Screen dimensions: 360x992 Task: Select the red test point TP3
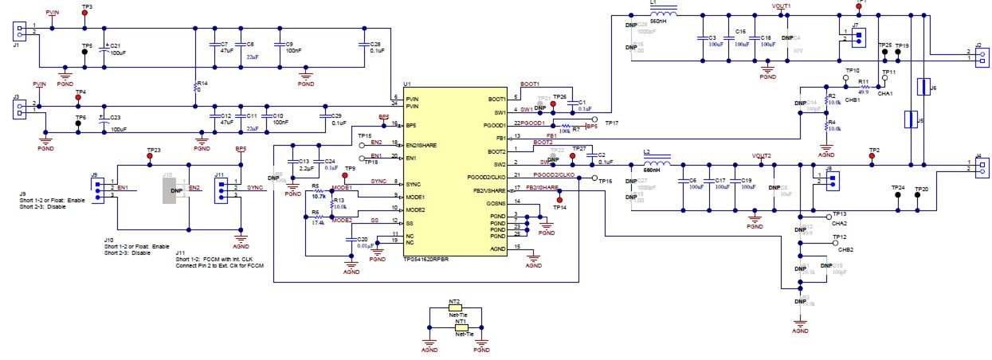click(85, 14)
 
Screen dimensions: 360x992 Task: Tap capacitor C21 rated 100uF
click(104, 51)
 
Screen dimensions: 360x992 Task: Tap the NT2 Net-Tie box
click(455, 310)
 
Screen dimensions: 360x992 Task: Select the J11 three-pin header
click(221, 188)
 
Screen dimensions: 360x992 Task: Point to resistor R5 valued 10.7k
click(316, 192)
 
